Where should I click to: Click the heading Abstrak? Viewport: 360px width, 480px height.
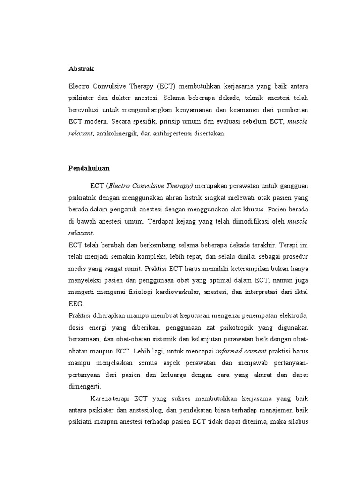point(81,69)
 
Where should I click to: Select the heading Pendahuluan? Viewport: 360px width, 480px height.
point(90,167)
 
